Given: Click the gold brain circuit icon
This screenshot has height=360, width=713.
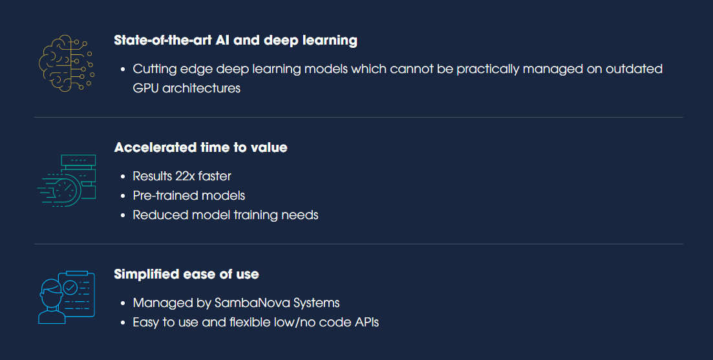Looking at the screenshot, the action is [67, 63].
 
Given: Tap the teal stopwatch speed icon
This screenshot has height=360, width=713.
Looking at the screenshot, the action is [67, 181].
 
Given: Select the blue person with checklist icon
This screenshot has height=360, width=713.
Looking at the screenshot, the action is [67, 297].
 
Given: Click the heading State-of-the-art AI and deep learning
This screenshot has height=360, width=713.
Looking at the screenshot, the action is [235, 41].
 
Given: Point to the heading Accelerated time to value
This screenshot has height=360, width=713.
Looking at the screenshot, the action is [200, 147].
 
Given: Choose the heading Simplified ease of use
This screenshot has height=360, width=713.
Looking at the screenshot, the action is [186, 274].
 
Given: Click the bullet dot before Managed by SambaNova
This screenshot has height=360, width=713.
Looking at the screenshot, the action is [123, 304].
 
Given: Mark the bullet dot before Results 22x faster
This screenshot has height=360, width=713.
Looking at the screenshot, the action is [123, 177].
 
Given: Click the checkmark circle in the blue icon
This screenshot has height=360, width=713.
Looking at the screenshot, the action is [70, 287].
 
